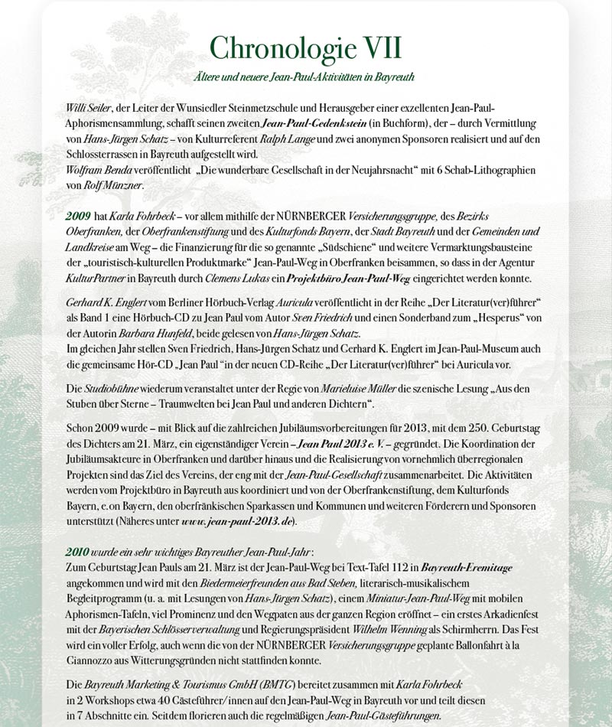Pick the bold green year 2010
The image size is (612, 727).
tap(79, 553)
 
